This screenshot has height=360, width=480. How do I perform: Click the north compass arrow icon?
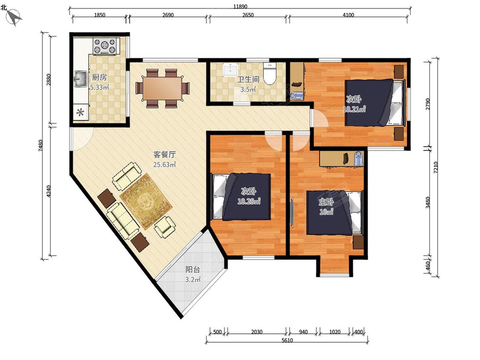coord(14,17)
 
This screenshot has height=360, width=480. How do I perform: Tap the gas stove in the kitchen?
coord(105,46)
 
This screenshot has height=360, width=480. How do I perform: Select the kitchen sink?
coord(81,79)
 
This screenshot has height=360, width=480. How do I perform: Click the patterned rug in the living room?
coord(146,201)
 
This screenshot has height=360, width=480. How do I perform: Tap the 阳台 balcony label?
coord(193,270)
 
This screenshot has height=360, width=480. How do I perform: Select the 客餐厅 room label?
coord(164,154)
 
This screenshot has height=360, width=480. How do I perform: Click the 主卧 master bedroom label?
coord(326,202)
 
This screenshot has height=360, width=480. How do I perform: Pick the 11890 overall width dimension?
coord(240,6)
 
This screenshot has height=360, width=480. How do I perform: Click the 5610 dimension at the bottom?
coord(287,340)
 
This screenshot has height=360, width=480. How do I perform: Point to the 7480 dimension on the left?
coord(41,145)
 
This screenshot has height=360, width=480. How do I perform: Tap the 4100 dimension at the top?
coord(348,15)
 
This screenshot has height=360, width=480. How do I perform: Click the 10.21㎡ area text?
coord(354,109)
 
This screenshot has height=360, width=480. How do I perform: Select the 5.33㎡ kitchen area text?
coord(99,87)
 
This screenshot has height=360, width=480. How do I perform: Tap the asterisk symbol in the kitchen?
coord(81,113)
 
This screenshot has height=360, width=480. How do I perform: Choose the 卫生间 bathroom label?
coord(248,80)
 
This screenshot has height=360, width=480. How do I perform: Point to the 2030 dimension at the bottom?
coord(256,332)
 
